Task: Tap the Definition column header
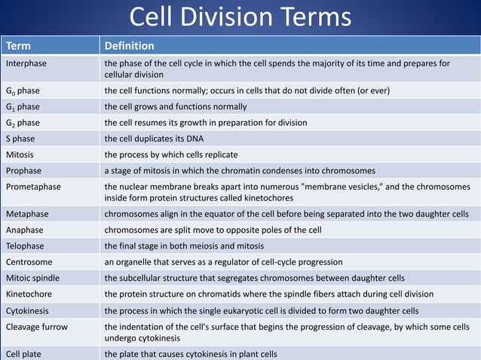(x=129, y=46)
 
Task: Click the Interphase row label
(x=26, y=63)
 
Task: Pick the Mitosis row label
(x=20, y=154)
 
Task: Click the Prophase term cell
(x=24, y=170)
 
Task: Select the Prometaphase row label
(x=33, y=187)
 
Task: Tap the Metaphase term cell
(x=26, y=214)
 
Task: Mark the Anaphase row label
(x=25, y=230)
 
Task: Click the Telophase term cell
(x=25, y=246)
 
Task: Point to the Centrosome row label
(x=29, y=261)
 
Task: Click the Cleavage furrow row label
(x=36, y=326)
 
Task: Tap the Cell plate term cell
(x=24, y=354)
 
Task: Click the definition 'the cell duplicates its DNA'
(x=154, y=139)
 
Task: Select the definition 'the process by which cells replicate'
(x=172, y=154)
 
